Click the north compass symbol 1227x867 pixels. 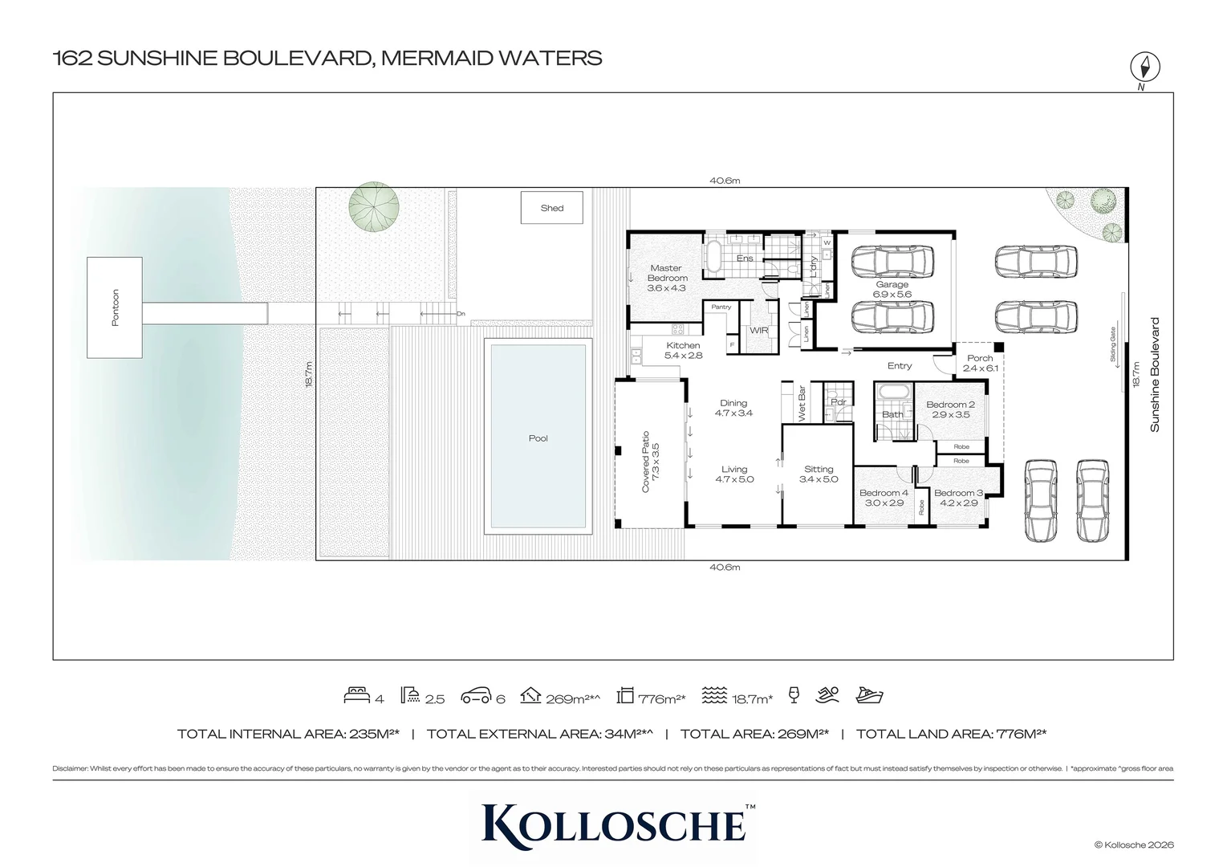(1145, 67)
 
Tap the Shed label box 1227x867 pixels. (552, 208)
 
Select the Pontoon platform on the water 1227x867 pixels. (115, 307)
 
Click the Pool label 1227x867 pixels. (538, 438)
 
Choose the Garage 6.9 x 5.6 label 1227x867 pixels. (892, 289)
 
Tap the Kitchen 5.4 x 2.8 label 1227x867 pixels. (683, 350)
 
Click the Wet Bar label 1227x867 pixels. (801, 403)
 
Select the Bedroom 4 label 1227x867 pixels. (884, 498)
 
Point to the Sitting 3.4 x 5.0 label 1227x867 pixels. (819, 474)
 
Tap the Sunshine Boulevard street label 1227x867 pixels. (1155, 375)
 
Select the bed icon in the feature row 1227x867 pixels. (356, 695)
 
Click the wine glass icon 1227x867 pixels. (794, 695)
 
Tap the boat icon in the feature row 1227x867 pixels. (869, 695)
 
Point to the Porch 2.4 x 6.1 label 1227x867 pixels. (980, 363)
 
